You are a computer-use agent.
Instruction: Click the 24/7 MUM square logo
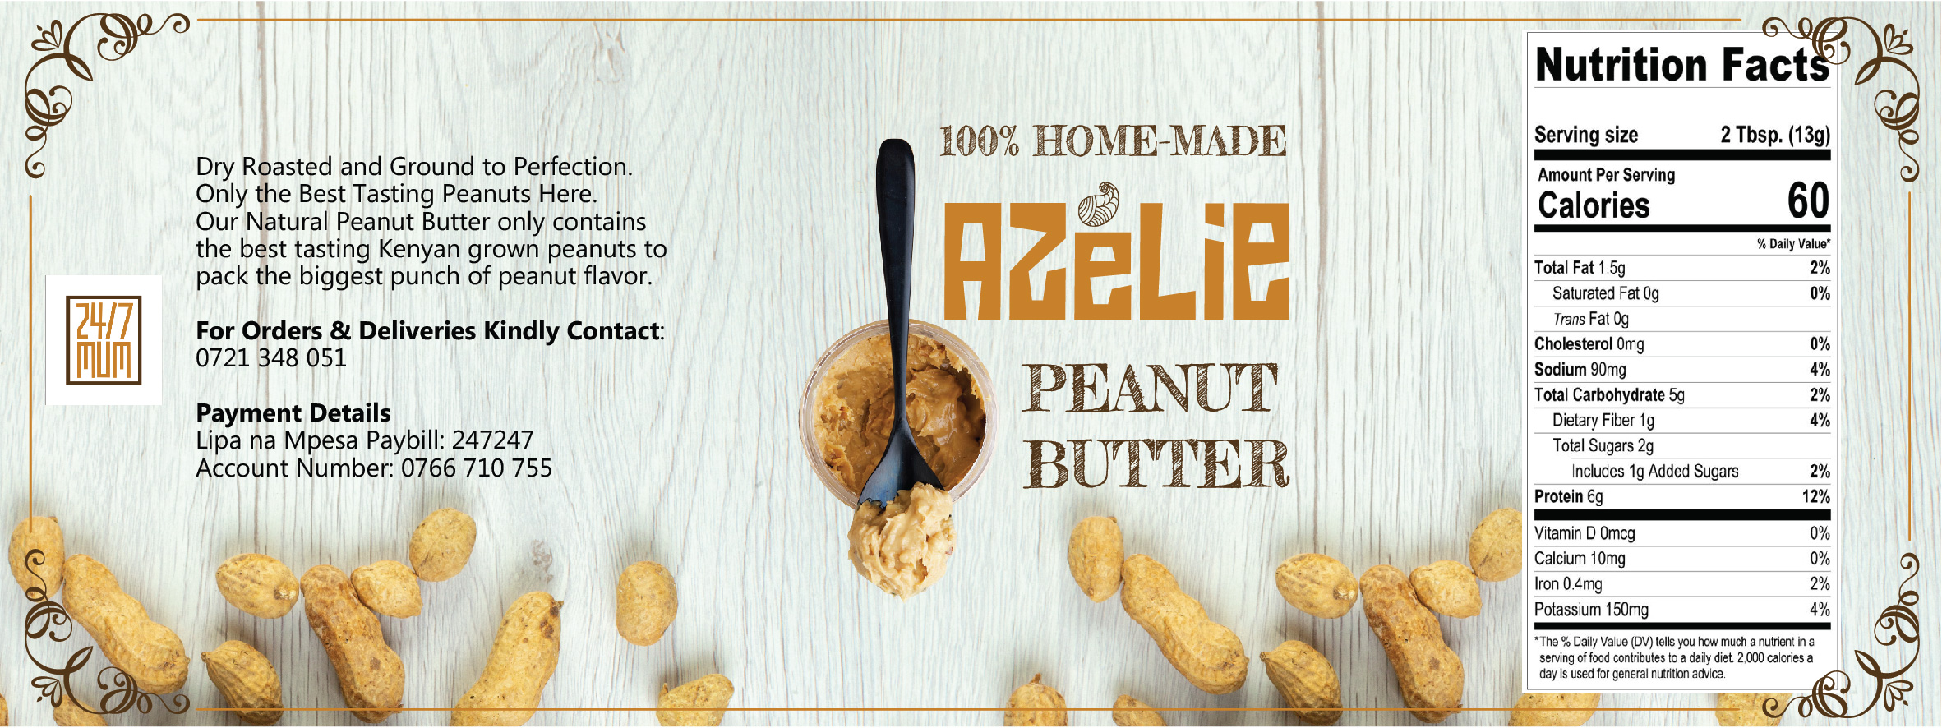[104, 340]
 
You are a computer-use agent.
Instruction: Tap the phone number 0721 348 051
[271, 358]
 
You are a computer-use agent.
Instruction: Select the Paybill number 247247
[492, 440]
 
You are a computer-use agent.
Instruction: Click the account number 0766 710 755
[477, 468]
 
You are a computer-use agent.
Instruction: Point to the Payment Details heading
[293, 412]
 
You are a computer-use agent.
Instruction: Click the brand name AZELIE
[1115, 261]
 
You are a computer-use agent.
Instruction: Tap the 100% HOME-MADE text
[1113, 141]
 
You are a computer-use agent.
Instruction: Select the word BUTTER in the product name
[1156, 463]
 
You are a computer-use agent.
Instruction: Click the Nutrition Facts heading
[1682, 65]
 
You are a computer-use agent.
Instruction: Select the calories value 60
[1808, 200]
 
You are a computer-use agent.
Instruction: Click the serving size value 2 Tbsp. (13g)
[1775, 135]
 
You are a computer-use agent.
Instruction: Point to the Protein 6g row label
[1568, 496]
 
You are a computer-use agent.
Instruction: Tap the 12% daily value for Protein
[1815, 496]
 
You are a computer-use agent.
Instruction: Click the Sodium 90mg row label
[1580, 370]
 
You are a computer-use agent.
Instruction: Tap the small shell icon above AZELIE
[1098, 204]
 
